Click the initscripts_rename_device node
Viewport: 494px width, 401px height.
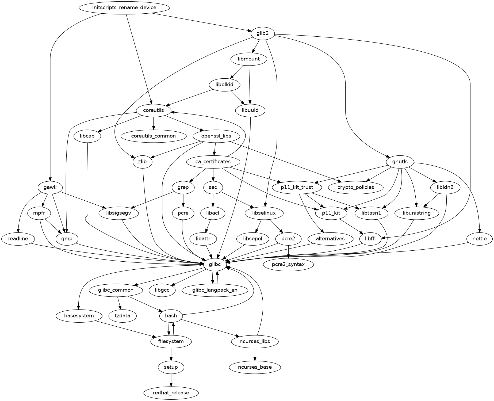[x=124, y=7]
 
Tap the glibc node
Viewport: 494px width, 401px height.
[x=215, y=265]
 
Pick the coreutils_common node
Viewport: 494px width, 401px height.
[x=153, y=136]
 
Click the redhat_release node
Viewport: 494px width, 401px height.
[x=171, y=393]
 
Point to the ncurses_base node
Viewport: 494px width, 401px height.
[x=255, y=367]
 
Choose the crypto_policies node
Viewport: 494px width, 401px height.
[x=355, y=187]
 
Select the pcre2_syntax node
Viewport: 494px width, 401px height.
[x=288, y=265]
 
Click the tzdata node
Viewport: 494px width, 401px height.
[x=122, y=316]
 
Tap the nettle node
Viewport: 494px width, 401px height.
[x=480, y=239]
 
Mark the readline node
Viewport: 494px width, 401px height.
[x=18, y=239]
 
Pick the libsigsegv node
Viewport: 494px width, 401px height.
[x=119, y=213]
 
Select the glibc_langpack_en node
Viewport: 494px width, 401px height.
[x=215, y=290]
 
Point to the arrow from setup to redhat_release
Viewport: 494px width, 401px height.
[x=171, y=380]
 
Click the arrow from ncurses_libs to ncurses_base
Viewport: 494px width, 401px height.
[x=255, y=354]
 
